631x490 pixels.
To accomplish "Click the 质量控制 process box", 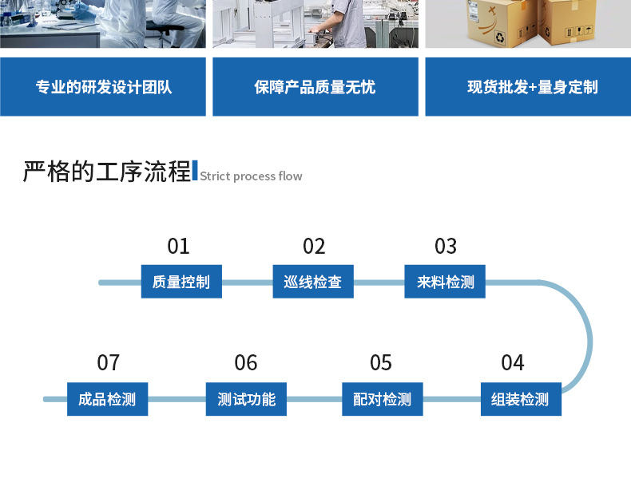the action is (x=181, y=282).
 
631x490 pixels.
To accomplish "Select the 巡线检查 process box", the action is (x=313, y=282).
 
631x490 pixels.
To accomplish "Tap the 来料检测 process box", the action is (x=445, y=282).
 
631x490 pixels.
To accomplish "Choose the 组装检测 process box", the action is (x=520, y=399).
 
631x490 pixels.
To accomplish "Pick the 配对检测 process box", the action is (x=382, y=399).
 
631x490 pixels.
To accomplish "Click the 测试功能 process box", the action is (x=246, y=399).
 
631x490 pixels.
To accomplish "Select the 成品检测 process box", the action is (x=108, y=399).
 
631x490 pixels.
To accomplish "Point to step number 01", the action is (x=178, y=246).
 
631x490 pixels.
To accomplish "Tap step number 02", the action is (x=314, y=246).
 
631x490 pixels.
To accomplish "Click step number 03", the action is (x=446, y=246).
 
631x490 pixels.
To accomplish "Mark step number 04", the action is (x=513, y=363).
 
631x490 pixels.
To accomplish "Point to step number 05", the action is (x=381, y=363).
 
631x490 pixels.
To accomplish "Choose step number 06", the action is (x=246, y=363).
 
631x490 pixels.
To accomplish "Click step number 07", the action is (x=108, y=363).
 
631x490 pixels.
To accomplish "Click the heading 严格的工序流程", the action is (x=107, y=172).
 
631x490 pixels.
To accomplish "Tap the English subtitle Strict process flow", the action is (x=251, y=176).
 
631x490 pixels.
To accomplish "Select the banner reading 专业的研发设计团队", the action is (x=103, y=87).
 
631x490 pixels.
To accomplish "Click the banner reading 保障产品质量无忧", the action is (x=315, y=87).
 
